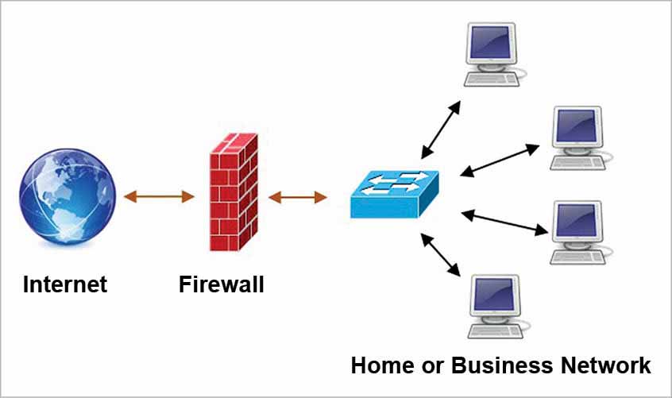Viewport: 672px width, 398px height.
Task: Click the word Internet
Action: (x=64, y=284)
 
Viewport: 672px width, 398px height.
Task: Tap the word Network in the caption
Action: (x=606, y=365)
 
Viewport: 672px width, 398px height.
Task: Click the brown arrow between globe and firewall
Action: (x=159, y=196)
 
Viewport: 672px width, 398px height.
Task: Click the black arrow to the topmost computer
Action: (x=441, y=129)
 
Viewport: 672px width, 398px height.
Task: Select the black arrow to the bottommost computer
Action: (x=442, y=255)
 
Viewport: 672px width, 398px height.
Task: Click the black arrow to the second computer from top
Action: (x=500, y=159)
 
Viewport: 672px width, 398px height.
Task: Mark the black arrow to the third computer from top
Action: (x=505, y=222)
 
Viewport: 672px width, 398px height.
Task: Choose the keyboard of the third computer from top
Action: (x=579, y=256)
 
